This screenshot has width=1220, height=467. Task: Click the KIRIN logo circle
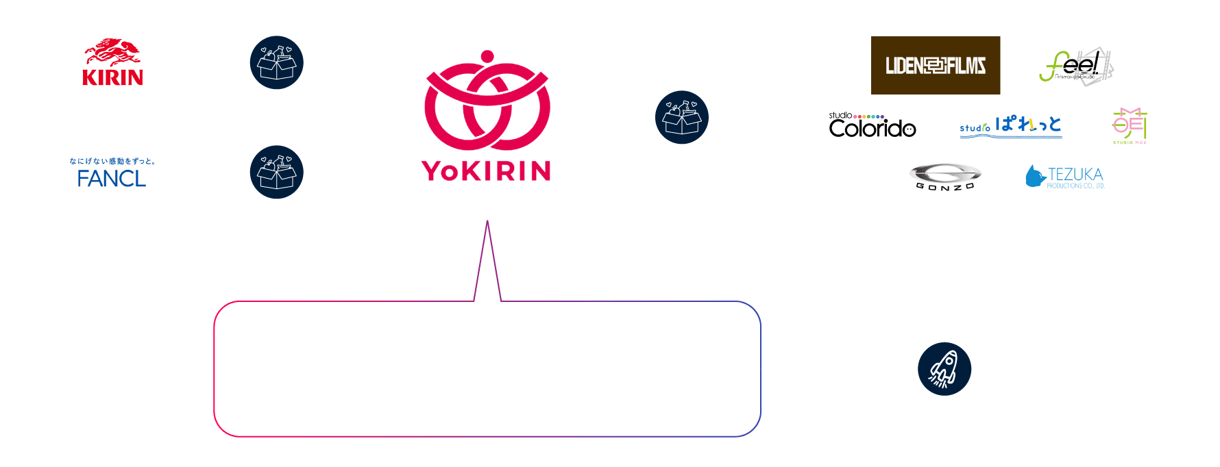pyautogui.click(x=112, y=63)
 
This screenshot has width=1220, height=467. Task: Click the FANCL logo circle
pyautogui.click(x=112, y=173)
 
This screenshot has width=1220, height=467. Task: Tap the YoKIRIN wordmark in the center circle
pyautogui.click(x=487, y=171)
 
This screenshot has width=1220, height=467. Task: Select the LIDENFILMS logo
pyautogui.click(x=935, y=66)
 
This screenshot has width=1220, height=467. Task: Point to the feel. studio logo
pyautogui.click(x=1075, y=66)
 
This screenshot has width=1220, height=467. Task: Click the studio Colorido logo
pyautogui.click(x=872, y=125)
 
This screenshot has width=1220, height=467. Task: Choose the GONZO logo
pyautogui.click(x=945, y=177)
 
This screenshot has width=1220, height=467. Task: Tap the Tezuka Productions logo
pyautogui.click(x=1064, y=177)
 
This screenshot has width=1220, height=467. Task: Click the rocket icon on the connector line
pyautogui.click(x=944, y=369)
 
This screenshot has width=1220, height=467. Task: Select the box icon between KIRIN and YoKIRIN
pyautogui.click(x=276, y=62)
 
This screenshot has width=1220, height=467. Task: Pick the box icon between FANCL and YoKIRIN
pyautogui.click(x=276, y=172)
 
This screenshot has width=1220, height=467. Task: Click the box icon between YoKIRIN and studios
pyautogui.click(x=681, y=117)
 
